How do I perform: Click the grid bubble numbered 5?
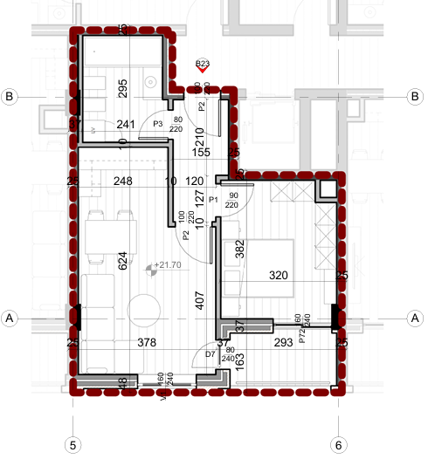click(74, 444)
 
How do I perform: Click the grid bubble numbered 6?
click(338, 444)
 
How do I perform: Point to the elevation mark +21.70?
click(166, 264)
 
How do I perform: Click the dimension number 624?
click(123, 260)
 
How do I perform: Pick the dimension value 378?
click(147, 344)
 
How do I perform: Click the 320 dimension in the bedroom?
click(279, 276)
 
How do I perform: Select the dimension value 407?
click(199, 302)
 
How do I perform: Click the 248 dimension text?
click(123, 182)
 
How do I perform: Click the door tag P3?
click(158, 124)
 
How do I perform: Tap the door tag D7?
click(210, 353)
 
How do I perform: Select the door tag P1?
click(212, 200)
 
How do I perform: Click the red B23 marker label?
click(203, 64)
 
